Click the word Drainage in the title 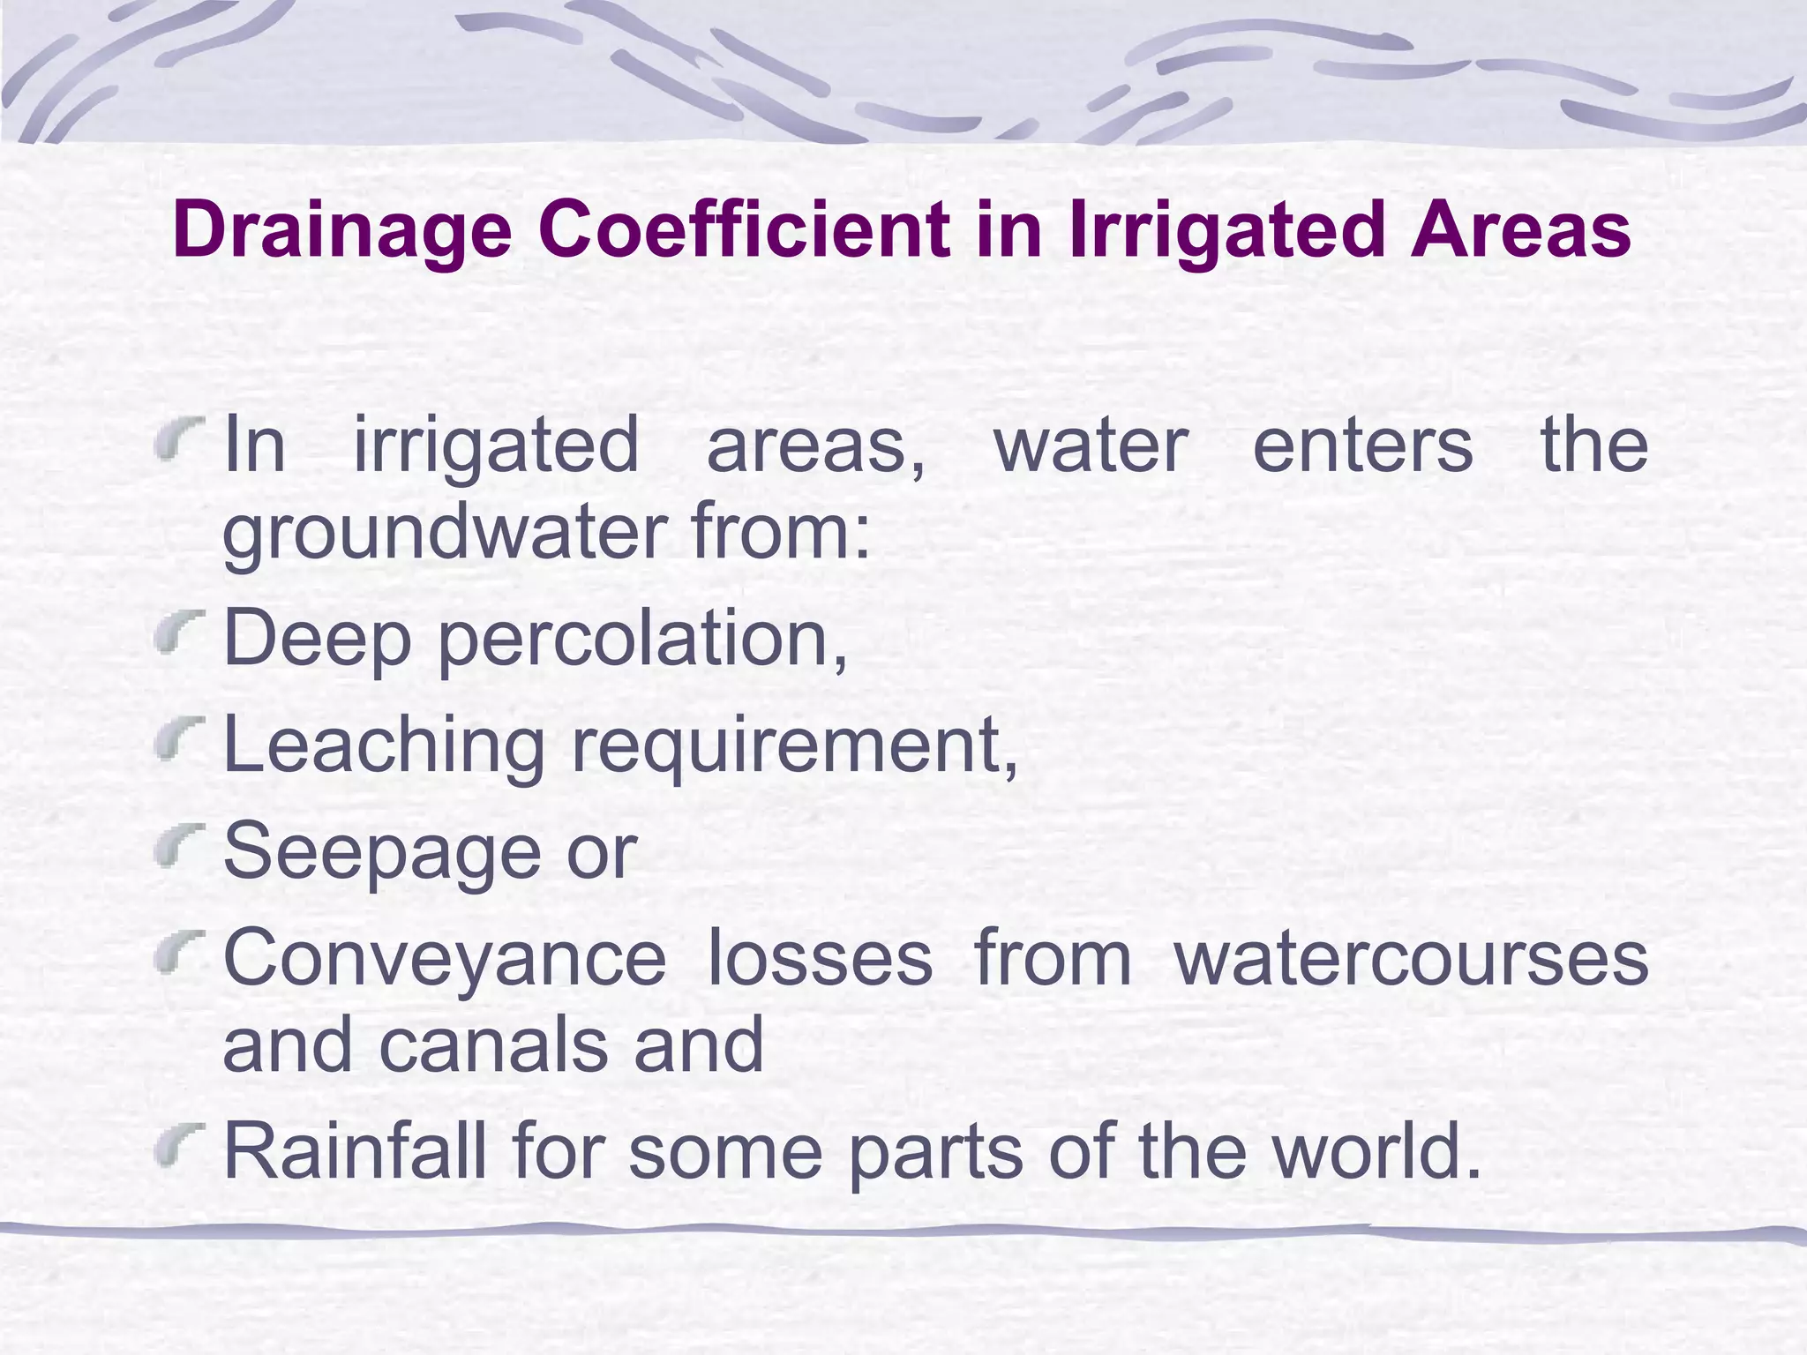[x=342, y=231]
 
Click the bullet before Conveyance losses [x=179, y=956]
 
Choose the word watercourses [x=1411, y=958]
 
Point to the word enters [x=1362, y=445]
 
